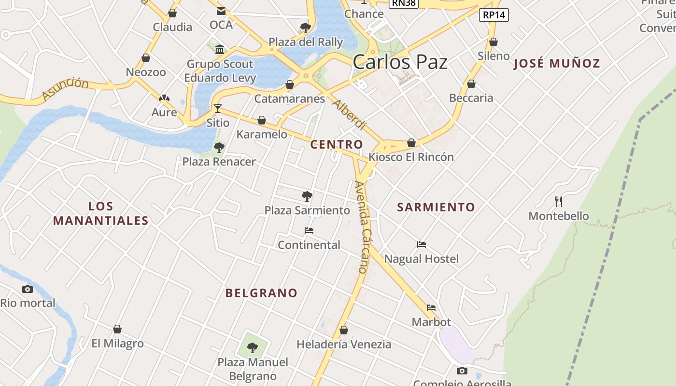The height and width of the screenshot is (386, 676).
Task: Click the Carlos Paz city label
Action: tap(400, 62)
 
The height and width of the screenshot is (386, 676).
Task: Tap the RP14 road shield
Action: tap(494, 15)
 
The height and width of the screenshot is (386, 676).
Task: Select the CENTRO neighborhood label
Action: tap(337, 144)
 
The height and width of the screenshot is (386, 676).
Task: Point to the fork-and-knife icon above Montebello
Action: tap(559, 202)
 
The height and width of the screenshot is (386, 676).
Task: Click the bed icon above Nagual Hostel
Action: tap(422, 245)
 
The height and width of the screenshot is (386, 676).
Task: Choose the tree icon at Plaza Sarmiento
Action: tap(307, 196)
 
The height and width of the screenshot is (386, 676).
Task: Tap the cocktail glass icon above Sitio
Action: tap(218, 109)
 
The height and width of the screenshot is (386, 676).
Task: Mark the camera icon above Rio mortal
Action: tap(28, 289)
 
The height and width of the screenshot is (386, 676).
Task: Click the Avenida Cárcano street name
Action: tap(362, 227)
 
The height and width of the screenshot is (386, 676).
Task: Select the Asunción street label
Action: tap(65, 89)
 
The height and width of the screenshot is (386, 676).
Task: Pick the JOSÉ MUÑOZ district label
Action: tap(557, 63)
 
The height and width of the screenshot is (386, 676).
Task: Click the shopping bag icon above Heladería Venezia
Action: tap(344, 331)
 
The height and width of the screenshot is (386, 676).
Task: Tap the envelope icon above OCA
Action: tap(221, 11)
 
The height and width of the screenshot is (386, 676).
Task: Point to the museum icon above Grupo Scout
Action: tap(220, 49)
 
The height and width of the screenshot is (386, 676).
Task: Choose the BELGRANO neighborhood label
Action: tap(261, 293)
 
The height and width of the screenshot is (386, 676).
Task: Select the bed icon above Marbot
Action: tap(431, 308)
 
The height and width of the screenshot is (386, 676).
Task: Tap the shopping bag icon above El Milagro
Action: tap(117, 330)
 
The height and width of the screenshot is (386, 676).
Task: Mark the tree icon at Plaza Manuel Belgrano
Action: tap(253, 347)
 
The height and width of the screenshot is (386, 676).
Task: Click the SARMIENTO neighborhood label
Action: tap(436, 207)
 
